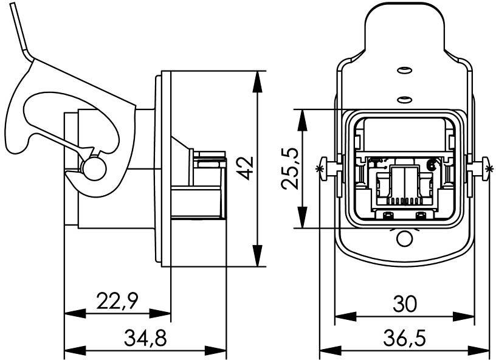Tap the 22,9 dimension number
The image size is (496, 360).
(x=119, y=301)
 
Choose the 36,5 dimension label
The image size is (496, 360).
(x=404, y=338)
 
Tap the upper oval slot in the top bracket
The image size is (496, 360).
(x=402, y=72)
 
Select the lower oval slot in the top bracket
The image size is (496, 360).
(x=402, y=98)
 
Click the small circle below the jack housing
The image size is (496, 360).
(x=404, y=239)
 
